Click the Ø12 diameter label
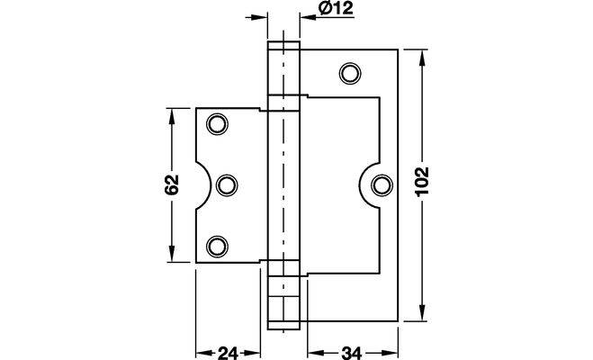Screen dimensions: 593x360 336,8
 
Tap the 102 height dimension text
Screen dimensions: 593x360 422,181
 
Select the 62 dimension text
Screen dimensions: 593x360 172,184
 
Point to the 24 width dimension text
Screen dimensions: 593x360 228,354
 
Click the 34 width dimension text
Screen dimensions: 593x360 351,354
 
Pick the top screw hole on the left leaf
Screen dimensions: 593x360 217,123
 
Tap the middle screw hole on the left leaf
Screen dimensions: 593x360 227,185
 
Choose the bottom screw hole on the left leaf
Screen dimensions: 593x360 217,247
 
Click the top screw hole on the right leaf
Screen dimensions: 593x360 350,73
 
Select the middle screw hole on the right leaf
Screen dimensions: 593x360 382,185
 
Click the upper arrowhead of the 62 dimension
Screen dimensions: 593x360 172,117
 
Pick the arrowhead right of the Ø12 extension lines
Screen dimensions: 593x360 309,16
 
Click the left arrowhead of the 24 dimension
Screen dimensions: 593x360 204,354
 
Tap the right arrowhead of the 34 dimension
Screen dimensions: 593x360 389,354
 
